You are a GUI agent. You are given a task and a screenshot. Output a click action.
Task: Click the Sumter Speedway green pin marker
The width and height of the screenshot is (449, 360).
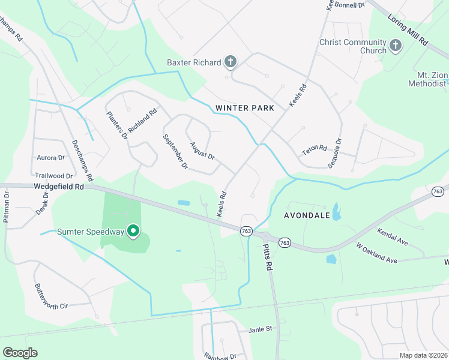(x=134, y=231)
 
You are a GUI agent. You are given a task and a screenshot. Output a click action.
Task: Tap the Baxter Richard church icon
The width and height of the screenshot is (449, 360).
(x=230, y=61)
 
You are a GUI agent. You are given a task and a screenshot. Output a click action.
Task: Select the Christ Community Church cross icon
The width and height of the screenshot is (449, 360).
(x=395, y=46)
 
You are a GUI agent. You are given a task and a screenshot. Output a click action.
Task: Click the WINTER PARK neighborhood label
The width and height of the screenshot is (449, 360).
(x=244, y=108)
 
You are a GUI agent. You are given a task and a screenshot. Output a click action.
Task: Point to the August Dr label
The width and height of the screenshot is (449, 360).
(x=202, y=151)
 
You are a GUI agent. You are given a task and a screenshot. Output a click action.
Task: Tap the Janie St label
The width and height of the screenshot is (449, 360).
(x=261, y=329)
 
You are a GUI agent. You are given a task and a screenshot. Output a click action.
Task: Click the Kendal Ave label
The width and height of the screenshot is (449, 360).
(x=393, y=235)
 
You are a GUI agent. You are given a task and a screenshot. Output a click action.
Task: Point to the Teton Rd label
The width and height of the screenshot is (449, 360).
(x=314, y=148)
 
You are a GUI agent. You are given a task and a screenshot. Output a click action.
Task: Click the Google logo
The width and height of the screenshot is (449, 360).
(x=20, y=353)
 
